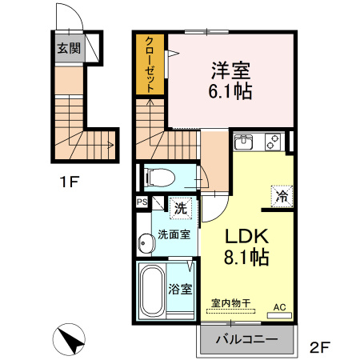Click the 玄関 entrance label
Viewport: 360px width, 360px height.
pyautogui.click(x=68, y=48)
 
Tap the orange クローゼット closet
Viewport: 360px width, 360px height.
pyautogui.click(x=150, y=65)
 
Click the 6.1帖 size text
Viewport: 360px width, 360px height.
pyautogui.click(x=231, y=90)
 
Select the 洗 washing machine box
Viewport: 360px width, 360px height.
pyautogui.click(x=181, y=206)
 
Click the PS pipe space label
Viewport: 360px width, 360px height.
pyautogui.click(x=142, y=202)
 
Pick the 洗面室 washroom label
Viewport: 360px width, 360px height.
pyautogui.click(x=174, y=235)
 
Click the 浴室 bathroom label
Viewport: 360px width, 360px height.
pyautogui.click(x=178, y=289)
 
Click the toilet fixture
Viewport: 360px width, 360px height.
pyautogui.click(x=158, y=176)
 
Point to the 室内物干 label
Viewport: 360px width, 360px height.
pyautogui.click(x=230, y=302)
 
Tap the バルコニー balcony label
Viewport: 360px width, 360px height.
pyautogui.click(x=247, y=338)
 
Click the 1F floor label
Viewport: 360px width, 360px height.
pyautogui.click(x=68, y=182)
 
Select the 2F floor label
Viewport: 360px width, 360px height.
pyautogui.click(x=319, y=347)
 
